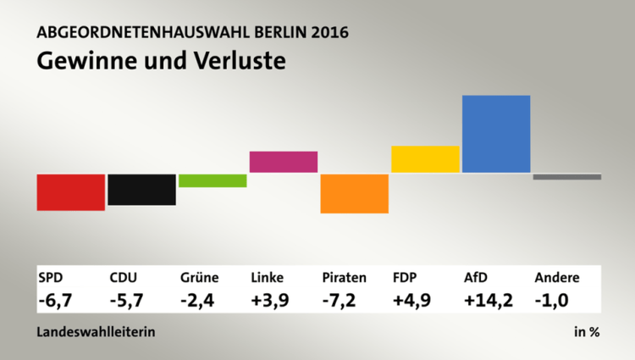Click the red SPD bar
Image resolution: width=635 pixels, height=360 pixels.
tap(71, 191)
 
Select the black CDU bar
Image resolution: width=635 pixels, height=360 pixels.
tap(141, 189)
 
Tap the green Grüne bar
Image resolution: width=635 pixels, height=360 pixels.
tap(213, 180)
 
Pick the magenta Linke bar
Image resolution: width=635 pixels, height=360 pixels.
tap(284, 162)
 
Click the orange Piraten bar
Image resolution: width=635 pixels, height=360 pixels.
tap(355, 193)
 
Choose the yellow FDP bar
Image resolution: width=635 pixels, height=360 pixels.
tap(425, 159)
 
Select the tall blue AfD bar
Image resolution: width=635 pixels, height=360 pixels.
tap(496, 134)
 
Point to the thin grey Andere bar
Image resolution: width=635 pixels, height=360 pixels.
tap(567, 176)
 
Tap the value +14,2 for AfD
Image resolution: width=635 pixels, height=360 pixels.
tap(488, 299)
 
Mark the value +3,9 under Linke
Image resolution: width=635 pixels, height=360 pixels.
tap(269, 299)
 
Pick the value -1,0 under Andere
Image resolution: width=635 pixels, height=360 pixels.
tap(551, 299)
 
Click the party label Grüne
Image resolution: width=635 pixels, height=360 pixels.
tap(200, 277)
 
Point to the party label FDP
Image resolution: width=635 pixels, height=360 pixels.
tap(405, 277)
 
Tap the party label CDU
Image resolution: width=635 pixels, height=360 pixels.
tap(124, 277)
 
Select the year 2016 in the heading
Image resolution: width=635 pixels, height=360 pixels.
tap(329, 34)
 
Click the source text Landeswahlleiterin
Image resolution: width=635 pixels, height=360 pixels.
tap(96, 332)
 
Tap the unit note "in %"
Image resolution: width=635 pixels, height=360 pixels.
tap(587, 332)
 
